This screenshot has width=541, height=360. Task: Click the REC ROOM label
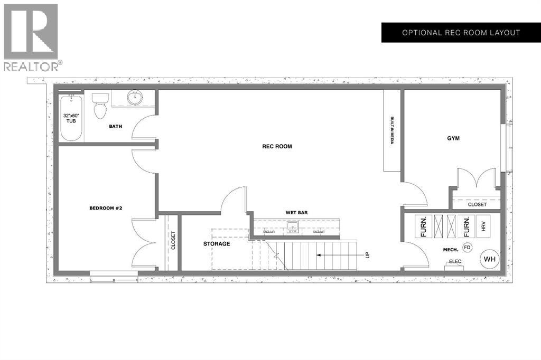pyautogui.click(x=277, y=146)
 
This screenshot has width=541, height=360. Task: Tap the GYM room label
pyautogui.click(x=453, y=138)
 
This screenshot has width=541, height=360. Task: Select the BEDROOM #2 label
pyautogui.click(x=106, y=208)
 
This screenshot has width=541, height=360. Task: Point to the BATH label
pyautogui.click(x=116, y=126)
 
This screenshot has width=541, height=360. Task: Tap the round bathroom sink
pyautogui.click(x=136, y=97)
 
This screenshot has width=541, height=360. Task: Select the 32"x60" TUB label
pyautogui.click(x=71, y=118)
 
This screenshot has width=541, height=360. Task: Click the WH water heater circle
pyautogui.click(x=489, y=259)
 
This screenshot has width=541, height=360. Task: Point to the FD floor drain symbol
pyautogui.click(x=467, y=247)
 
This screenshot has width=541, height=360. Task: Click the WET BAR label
pyautogui.click(x=296, y=213)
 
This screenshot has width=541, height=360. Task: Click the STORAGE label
pyautogui.click(x=217, y=244)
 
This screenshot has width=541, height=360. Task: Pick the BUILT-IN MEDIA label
pyautogui.click(x=393, y=130)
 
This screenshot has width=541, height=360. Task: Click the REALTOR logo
pyautogui.click(x=32, y=37)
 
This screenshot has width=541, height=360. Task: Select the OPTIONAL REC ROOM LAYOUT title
pyautogui.click(x=461, y=33)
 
